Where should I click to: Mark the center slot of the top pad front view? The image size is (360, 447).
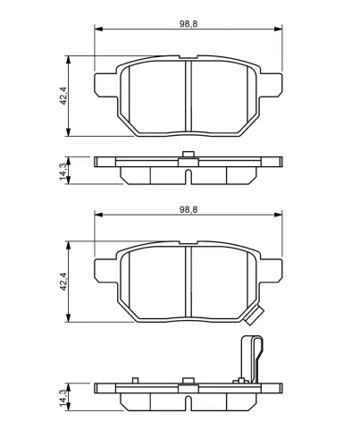point(188,98)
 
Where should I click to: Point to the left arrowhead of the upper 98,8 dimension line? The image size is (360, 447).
point(98,29)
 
